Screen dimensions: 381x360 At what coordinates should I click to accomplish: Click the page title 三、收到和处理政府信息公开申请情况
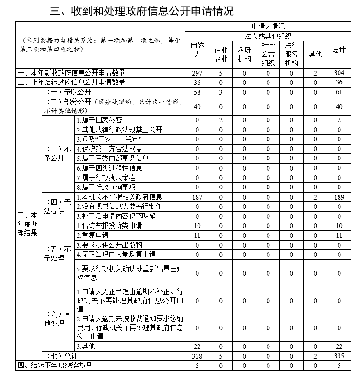(x=142, y=11)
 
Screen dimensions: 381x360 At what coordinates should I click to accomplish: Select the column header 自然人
(x=197, y=50)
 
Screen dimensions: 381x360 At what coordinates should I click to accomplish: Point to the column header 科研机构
(x=244, y=54)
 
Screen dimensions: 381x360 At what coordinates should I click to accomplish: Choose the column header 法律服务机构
(x=291, y=54)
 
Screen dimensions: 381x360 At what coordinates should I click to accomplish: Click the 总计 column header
(x=339, y=50)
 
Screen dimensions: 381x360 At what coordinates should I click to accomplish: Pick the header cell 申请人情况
(x=268, y=26)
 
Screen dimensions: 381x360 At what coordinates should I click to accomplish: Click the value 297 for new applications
(x=197, y=73)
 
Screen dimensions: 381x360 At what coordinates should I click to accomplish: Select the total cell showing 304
(x=339, y=73)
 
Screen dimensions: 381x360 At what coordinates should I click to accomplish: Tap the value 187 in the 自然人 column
(x=197, y=197)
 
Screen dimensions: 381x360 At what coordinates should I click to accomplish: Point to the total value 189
(x=339, y=197)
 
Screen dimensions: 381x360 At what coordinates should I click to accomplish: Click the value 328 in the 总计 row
(x=197, y=356)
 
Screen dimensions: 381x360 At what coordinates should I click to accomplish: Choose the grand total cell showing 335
(x=339, y=356)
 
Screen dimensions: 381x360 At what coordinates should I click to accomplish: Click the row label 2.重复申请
(x=92, y=236)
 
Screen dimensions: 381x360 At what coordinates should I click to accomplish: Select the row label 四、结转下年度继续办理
(x=54, y=366)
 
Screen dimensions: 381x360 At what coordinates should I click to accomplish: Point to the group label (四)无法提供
(x=58, y=207)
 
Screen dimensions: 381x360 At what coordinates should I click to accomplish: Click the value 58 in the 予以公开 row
(x=197, y=92)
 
